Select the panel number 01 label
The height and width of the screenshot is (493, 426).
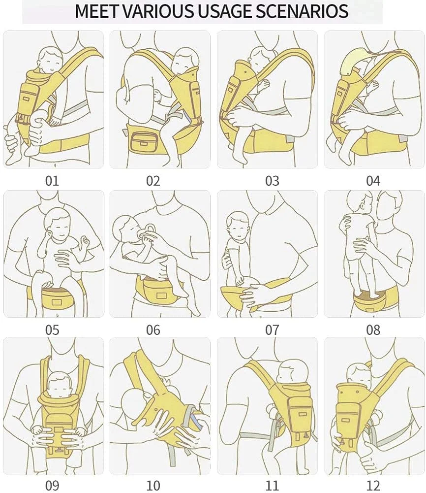coord(52,181)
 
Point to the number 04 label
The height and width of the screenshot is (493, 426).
coord(373,181)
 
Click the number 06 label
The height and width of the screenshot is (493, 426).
coord(153,330)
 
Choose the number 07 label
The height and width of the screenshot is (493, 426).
coord(272,330)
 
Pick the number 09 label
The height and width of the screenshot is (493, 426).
coord(52,485)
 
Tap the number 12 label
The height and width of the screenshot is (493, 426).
coord(373,485)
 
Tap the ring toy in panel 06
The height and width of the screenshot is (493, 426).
coord(150,231)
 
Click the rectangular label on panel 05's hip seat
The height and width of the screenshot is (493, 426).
coord(57,302)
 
